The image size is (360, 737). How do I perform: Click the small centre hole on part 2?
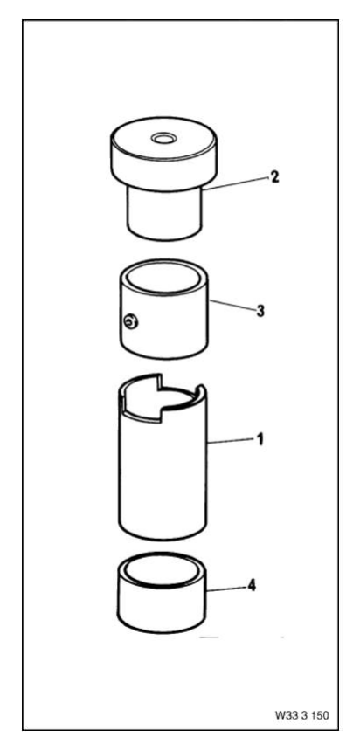[163, 138]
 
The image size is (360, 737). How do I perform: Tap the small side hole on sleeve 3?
[129, 323]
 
